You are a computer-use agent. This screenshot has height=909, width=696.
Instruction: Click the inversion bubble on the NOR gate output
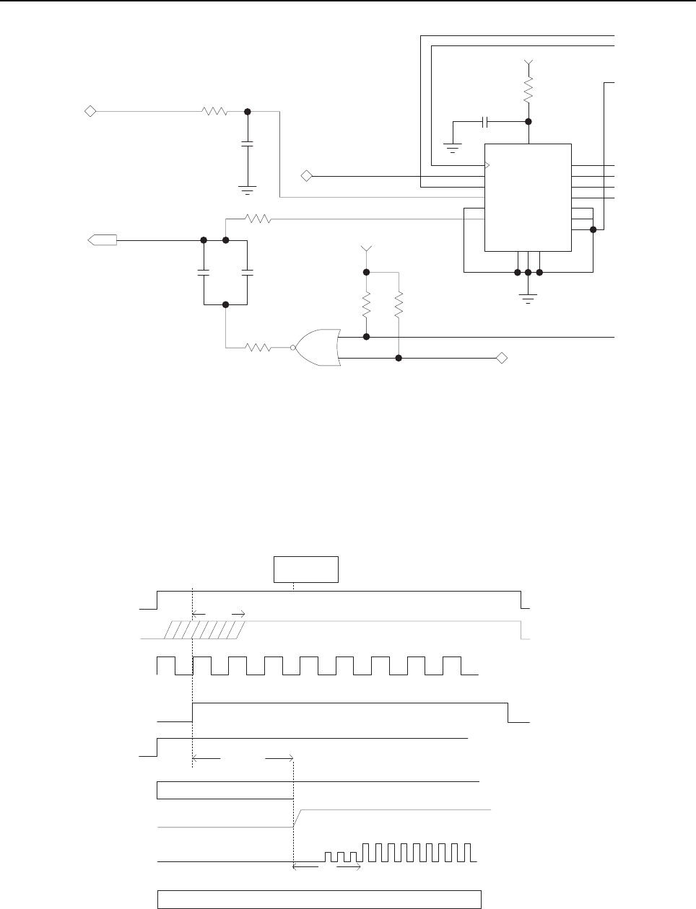point(294,348)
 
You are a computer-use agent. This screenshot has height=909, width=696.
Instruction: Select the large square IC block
point(528,197)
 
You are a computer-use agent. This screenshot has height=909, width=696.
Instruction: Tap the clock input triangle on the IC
point(487,165)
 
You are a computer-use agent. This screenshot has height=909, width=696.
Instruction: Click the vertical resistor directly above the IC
point(528,90)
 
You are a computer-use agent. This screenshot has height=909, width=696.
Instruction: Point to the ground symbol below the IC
point(528,299)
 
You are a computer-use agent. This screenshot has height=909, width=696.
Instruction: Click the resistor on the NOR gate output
point(258,348)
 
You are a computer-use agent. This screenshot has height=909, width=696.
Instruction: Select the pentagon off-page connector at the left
point(100,240)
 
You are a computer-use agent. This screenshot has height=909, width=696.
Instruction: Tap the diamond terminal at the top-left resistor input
point(90,111)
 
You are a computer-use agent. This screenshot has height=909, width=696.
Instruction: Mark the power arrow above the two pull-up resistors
point(366,250)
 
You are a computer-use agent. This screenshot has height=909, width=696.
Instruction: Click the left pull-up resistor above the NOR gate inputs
point(366,304)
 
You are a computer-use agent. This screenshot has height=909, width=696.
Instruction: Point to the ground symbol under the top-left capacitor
point(247,190)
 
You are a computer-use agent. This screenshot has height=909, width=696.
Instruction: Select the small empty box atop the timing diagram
point(305,568)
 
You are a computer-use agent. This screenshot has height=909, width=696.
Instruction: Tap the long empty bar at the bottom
point(320,899)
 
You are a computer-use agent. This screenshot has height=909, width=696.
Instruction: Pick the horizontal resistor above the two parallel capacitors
point(258,219)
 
